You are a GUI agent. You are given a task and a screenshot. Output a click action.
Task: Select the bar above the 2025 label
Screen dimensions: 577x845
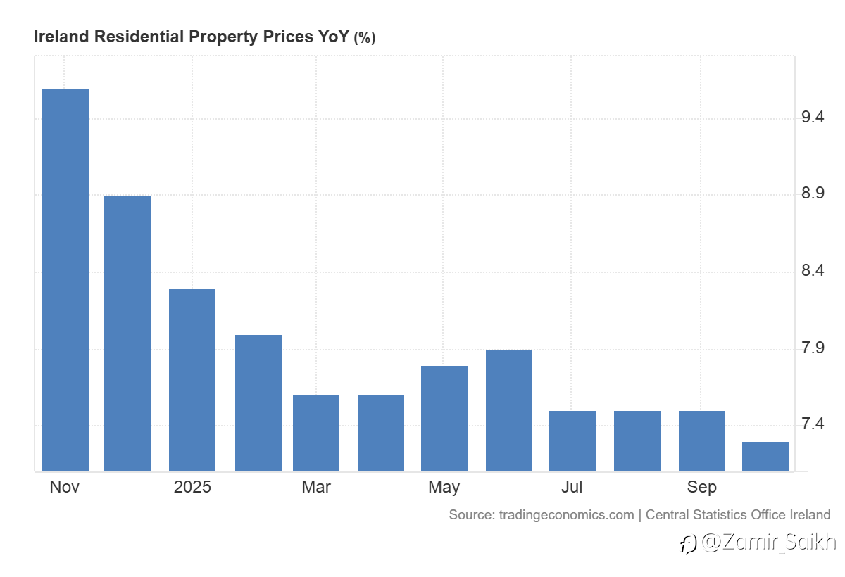pyautogui.click(x=192, y=379)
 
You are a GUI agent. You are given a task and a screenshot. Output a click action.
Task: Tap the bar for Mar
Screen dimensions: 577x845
pyautogui.click(x=316, y=433)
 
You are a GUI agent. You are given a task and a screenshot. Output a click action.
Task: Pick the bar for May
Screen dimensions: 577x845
pyautogui.click(x=444, y=418)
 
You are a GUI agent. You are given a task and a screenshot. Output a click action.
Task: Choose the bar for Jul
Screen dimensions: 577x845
pyautogui.click(x=572, y=440)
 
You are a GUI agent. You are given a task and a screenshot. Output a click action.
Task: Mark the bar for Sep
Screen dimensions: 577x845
pyautogui.click(x=702, y=440)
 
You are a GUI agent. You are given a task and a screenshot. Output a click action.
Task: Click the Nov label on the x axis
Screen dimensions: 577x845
pyautogui.click(x=65, y=487)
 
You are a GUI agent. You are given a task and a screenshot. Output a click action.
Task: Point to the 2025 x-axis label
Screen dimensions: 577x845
pyautogui.click(x=192, y=487)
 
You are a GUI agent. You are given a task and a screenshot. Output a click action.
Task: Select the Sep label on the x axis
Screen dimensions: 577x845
pyautogui.click(x=702, y=487)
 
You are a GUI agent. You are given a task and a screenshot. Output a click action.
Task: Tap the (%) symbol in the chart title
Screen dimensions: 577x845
pyautogui.click(x=364, y=38)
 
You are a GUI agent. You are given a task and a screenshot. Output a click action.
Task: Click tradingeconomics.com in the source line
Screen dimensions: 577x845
pyautogui.click(x=566, y=514)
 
